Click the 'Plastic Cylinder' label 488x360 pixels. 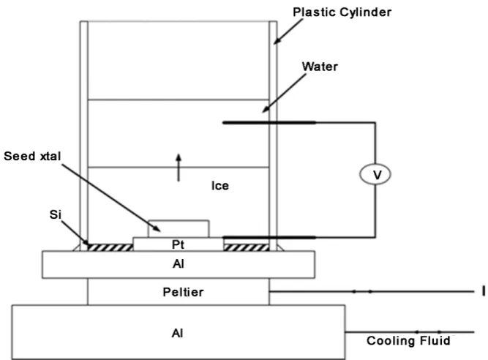click(x=342, y=12)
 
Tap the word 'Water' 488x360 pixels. click(x=320, y=67)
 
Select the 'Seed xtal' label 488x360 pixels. click(x=32, y=156)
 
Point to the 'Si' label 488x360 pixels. click(x=56, y=214)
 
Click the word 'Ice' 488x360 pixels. click(x=220, y=186)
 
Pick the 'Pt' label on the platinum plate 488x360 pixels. click(x=178, y=244)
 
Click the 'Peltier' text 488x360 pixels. click(x=184, y=292)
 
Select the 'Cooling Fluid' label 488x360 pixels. click(x=408, y=341)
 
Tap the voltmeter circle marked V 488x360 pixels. click(x=375, y=174)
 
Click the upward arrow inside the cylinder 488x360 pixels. click(x=179, y=168)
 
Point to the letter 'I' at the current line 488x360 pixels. click(x=483, y=291)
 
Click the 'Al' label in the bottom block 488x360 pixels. click(x=177, y=333)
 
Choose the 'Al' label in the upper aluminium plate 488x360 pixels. click(x=179, y=264)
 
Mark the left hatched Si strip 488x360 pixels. click(x=110, y=247)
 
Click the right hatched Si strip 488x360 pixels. click(x=246, y=247)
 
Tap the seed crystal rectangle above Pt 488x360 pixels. click(x=179, y=229)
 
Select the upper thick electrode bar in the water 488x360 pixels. click(x=269, y=123)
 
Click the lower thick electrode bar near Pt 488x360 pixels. click(x=269, y=237)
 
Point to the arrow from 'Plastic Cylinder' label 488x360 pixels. click(x=288, y=31)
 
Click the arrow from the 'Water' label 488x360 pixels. click(x=284, y=94)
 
